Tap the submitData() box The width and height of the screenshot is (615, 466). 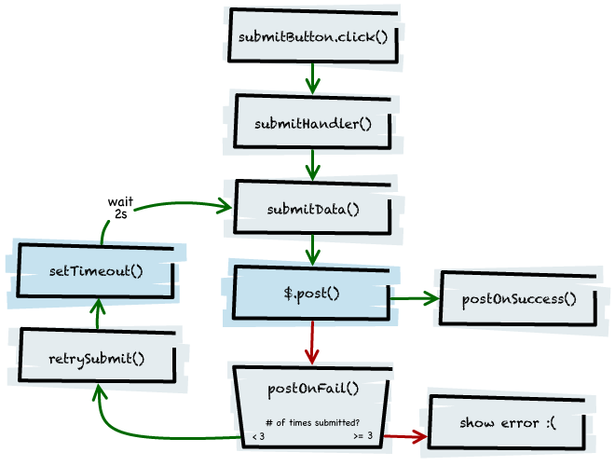coord(312,208)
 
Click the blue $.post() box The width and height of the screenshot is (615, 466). coord(311,295)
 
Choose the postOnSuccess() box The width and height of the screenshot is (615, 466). coord(519,299)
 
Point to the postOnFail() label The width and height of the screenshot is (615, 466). coord(312,389)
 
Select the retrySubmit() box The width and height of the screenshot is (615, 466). coord(97,358)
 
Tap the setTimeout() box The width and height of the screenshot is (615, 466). coord(96,271)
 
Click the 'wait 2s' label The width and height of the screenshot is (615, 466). coord(120,207)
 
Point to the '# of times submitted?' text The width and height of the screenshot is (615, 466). coord(312,421)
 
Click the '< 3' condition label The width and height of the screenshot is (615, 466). coord(258,436)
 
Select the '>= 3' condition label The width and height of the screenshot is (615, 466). coord(363,436)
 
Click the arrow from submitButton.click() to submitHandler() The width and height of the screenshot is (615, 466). coord(312,78)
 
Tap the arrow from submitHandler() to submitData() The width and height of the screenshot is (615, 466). coord(312,164)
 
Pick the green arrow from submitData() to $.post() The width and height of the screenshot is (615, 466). coord(312,250)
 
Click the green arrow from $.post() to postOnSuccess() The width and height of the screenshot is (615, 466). coord(414,298)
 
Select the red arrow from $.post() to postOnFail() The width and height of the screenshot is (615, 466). coord(312,343)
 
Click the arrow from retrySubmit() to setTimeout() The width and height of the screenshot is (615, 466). coord(97,313)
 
